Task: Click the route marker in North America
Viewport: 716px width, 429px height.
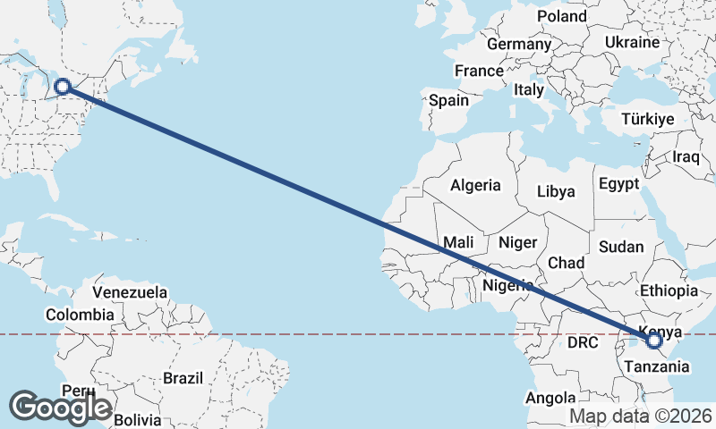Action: click(x=63, y=87)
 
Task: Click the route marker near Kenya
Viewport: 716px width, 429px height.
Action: click(x=653, y=340)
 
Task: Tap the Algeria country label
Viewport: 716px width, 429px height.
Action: click(x=475, y=186)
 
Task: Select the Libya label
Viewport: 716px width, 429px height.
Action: click(x=556, y=191)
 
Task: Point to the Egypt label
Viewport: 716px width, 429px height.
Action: click(x=619, y=185)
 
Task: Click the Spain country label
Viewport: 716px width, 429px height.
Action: click(x=448, y=100)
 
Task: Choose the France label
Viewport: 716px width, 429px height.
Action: click(x=479, y=71)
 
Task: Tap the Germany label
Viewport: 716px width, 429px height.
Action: click(x=519, y=44)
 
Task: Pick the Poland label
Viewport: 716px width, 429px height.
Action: click(x=561, y=16)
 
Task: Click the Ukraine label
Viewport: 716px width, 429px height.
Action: click(x=633, y=42)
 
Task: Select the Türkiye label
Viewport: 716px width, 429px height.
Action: click(x=647, y=120)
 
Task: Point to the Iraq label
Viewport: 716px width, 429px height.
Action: click(x=685, y=157)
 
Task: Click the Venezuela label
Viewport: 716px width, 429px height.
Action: click(x=130, y=292)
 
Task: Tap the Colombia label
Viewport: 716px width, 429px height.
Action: click(x=80, y=315)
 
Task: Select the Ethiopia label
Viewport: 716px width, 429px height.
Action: click(x=669, y=290)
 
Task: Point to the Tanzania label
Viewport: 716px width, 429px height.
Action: click(x=657, y=366)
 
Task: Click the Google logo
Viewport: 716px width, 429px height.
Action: click(x=60, y=408)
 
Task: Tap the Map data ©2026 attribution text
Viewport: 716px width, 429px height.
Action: click(x=641, y=416)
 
